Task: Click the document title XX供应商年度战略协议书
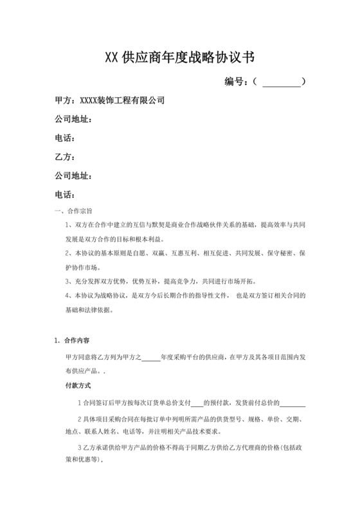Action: tap(180, 57)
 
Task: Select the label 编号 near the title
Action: tap(237, 82)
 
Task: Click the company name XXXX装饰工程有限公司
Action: tap(122, 100)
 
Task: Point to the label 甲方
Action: tap(64, 100)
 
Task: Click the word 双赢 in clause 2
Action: tap(169, 253)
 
